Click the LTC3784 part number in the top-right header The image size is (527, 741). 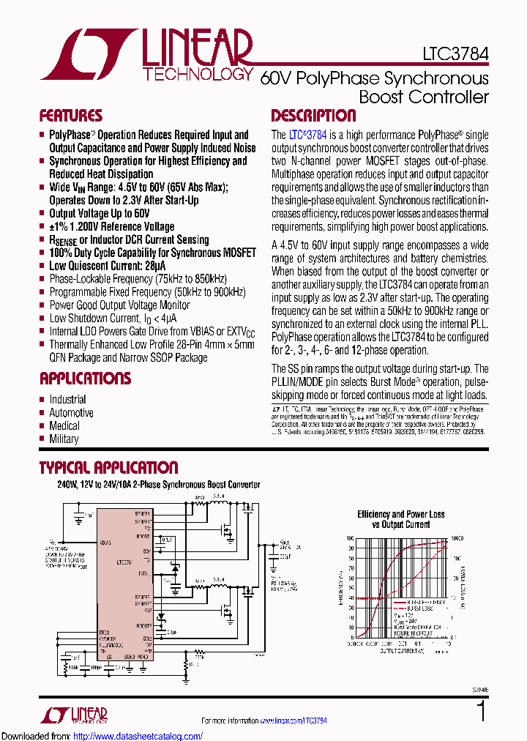(455, 54)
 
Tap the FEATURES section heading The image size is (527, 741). (70, 116)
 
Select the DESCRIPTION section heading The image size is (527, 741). (313, 116)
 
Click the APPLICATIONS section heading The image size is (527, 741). (85, 379)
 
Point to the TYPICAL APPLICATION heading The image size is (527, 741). (108, 468)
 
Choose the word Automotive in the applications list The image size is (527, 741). (71, 413)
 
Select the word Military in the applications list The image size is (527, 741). (64, 439)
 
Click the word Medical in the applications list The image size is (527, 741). (64, 426)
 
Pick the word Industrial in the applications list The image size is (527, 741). (67, 400)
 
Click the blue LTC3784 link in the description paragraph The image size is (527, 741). (308, 135)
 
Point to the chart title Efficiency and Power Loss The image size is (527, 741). (400, 515)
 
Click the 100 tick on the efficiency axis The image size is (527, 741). (351, 538)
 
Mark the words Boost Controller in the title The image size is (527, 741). (424, 97)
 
